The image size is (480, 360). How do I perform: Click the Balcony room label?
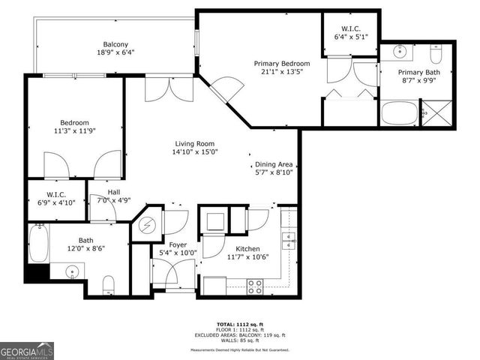[x=115, y=43]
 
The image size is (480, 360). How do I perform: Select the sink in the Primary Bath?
[x=398, y=53]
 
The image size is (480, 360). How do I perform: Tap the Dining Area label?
[x=274, y=165]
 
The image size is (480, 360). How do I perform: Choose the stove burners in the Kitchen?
[x=255, y=285]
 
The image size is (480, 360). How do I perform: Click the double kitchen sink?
[x=288, y=241]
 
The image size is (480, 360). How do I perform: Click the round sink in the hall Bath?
[x=73, y=271]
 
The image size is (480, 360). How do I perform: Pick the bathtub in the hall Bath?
[x=38, y=244]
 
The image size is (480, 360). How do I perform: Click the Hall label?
[x=113, y=192]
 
